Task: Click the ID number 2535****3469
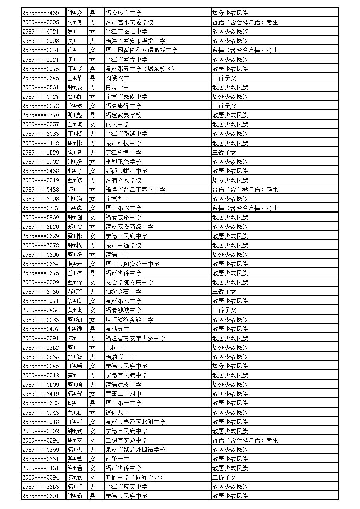[x=40, y=13]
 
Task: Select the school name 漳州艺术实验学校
[x=129, y=22]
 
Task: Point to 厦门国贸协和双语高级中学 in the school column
[x=141, y=50]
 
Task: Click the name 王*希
[x=74, y=78]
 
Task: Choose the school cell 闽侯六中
[x=117, y=78]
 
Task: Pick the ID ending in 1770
[x=40, y=115]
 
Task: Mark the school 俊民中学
[x=117, y=124]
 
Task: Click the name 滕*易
[x=74, y=153]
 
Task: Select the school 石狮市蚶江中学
[x=127, y=171]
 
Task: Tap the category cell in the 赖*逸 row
[x=245, y=208]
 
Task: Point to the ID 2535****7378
[x=40, y=245]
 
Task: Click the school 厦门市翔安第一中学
[x=132, y=264]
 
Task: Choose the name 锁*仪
[x=74, y=301]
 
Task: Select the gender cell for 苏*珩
[x=92, y=292]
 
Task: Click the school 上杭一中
[x=117, y=348]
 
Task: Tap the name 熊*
[x=72, y=403]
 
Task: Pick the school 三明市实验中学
[x=127, y=440]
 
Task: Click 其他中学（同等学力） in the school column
[x=134, y=477]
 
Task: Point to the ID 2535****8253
[x=40, y=487]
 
